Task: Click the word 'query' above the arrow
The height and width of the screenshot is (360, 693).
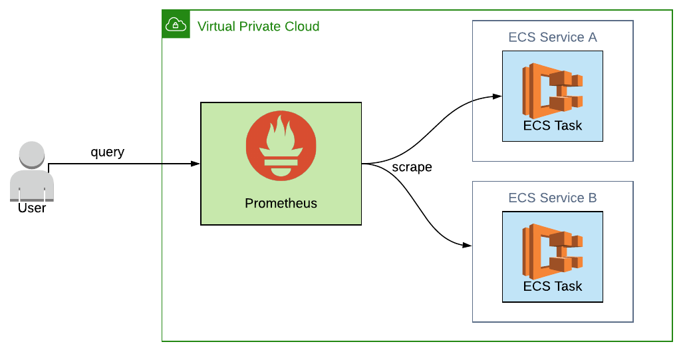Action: [107, 152]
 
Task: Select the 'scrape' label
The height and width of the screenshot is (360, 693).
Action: [412, 167]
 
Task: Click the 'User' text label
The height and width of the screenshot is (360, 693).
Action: [32, 208]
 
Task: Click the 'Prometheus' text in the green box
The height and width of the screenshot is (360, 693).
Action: [281, 203]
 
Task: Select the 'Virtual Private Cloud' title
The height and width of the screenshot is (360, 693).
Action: [258, 27]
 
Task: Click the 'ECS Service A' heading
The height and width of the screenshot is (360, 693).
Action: [553, 37]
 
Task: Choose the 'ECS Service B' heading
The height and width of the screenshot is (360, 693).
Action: [553, 198]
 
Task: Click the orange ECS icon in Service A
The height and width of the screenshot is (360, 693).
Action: [553, 87]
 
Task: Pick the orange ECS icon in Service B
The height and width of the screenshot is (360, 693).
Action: [553, 249]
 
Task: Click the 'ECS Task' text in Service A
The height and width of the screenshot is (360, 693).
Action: [553, 125]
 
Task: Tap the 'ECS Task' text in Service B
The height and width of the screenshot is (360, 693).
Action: [553, 286]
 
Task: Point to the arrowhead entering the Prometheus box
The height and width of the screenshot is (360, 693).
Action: [196, 163]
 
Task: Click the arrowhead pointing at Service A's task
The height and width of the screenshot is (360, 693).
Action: [497, 96]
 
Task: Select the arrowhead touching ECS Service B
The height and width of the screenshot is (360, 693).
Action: [468, 246]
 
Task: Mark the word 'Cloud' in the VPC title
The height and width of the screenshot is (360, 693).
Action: [302, 27]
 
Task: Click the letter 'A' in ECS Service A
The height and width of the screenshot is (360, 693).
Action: [592, 37]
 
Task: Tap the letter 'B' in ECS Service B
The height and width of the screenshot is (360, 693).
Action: [592, 198]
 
